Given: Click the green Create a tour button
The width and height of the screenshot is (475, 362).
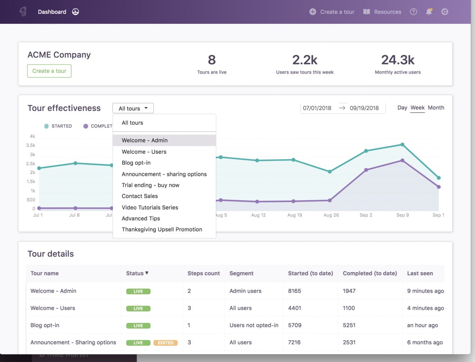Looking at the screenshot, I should (x=49, y=71).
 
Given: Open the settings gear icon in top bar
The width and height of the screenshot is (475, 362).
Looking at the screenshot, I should (x=445, y=12).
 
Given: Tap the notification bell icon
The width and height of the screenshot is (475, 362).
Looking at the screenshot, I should (x=429, y=12).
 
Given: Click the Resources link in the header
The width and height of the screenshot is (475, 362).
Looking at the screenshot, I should (x=382, y=12).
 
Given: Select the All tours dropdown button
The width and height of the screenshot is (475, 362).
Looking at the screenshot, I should (x=133, y=108).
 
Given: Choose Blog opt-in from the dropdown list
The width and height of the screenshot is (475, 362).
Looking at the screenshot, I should (x=136, y=163).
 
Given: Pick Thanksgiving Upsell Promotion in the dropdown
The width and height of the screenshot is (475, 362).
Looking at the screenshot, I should (x=162, y=229).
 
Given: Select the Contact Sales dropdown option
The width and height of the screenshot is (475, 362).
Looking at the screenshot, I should (x=140, y=196).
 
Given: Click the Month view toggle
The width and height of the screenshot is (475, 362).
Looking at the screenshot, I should (x=436, y=108).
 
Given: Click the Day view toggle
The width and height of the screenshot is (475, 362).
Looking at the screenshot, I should (x=402, y=108).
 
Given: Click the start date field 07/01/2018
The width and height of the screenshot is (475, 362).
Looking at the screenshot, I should (x=317, y=108).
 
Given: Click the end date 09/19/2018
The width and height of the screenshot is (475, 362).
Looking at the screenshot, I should (x=364, y=108).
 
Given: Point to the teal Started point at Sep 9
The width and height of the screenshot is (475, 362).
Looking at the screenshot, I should (x=402, y=145).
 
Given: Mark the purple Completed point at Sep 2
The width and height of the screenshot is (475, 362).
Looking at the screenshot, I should (x=366, y=170).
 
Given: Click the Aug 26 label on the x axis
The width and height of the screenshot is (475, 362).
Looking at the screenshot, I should (x=331, y=215).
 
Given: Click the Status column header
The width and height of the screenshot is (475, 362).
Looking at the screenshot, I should (x=137, y=273).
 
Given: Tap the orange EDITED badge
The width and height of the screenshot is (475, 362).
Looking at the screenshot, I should (x=165, y=343).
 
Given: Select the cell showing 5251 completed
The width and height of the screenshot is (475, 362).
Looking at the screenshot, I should (x=349, y=325).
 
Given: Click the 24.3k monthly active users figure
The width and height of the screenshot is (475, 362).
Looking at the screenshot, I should (x=398, y=60).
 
